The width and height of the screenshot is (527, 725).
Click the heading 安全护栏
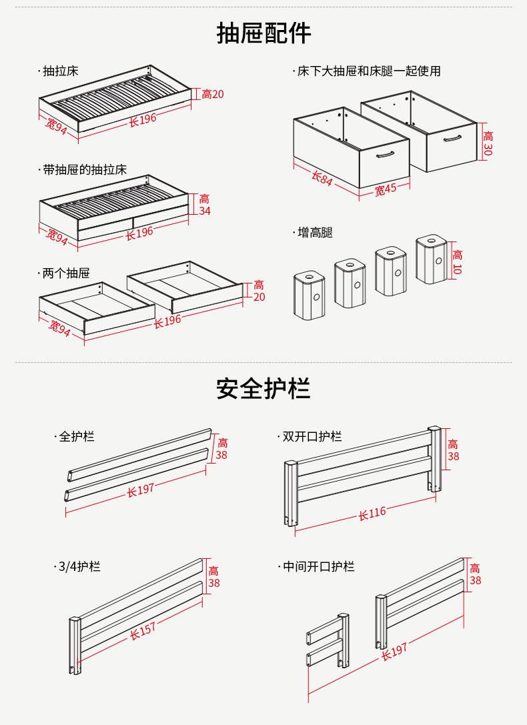tap(263, 388)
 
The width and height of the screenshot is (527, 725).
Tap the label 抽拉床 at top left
tap(60, 71)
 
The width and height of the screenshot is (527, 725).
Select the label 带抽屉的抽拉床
tap(84, 170)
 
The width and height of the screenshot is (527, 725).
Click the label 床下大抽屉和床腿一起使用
tap(369, 71)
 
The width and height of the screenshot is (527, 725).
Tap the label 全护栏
tap(77, 437)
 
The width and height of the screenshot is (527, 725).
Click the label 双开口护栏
tap(312, 437)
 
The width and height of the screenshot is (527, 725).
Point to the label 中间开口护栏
tap(318, 567)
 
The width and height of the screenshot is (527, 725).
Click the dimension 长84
tap(322, 178)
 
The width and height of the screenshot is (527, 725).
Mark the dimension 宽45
tap(385, 189)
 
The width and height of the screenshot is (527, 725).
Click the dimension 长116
tap(372, 514)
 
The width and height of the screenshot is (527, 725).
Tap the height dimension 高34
tap(205, 205)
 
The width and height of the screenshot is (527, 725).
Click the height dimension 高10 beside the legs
tap(457, 261)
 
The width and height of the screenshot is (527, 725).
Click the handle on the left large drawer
tap(385, 155)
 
